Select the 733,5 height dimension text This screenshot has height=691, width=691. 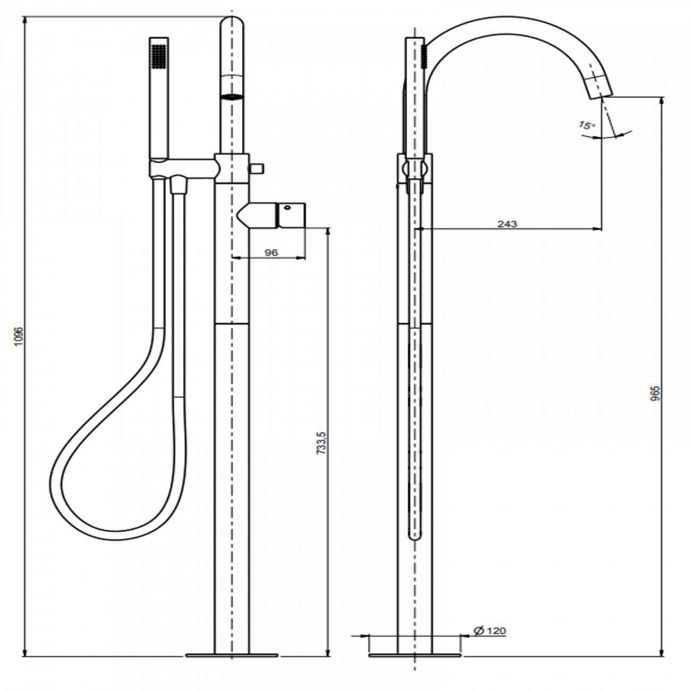[321, 442]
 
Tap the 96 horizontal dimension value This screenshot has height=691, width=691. [271, 253]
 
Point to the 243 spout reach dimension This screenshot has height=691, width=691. [507, 224]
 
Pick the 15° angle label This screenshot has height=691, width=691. [587, 126]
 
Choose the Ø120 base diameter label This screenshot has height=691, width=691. [490, 631]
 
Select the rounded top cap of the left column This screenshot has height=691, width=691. [232, 24]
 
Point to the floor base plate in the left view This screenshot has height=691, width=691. [232, 655]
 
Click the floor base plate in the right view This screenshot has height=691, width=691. [415, 655]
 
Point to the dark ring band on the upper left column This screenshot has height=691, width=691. [232, 96]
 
